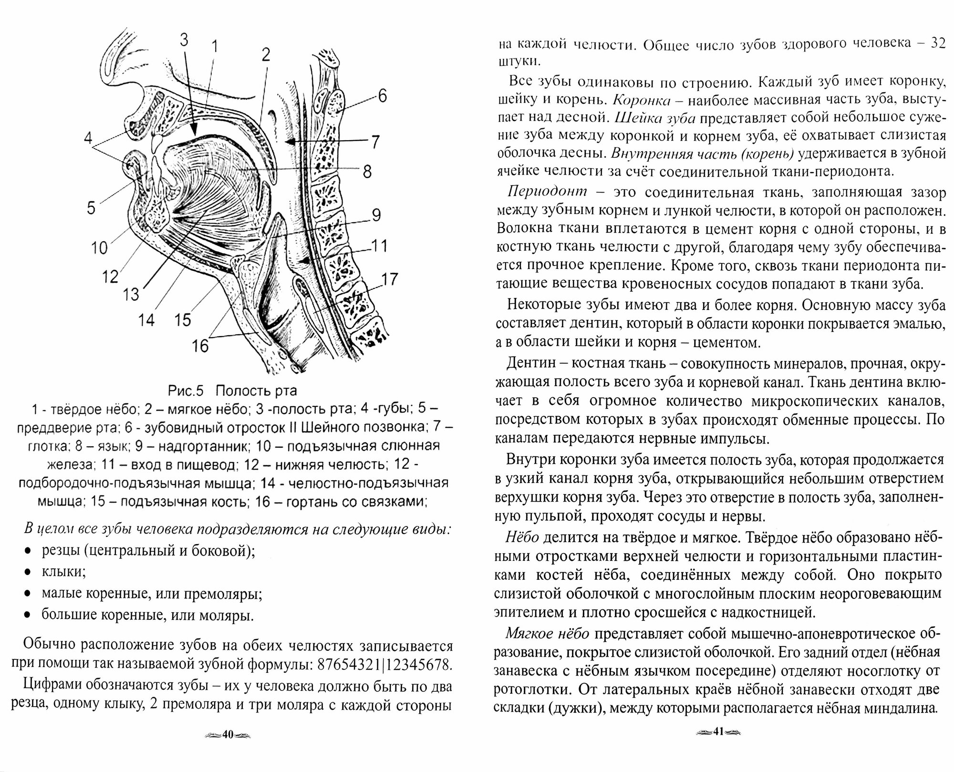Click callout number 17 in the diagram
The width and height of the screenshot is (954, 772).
(x=390, y=279)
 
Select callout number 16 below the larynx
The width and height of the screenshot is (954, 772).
(x=200, y=345)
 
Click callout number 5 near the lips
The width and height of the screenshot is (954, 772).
(x=91, y=207)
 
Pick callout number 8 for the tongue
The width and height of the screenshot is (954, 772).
(x=367, y=171)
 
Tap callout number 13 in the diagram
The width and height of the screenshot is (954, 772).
(x=130, y=294)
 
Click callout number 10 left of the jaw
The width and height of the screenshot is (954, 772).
(x=100, y=247)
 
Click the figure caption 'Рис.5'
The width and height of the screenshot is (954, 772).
(x=186, y=391)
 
